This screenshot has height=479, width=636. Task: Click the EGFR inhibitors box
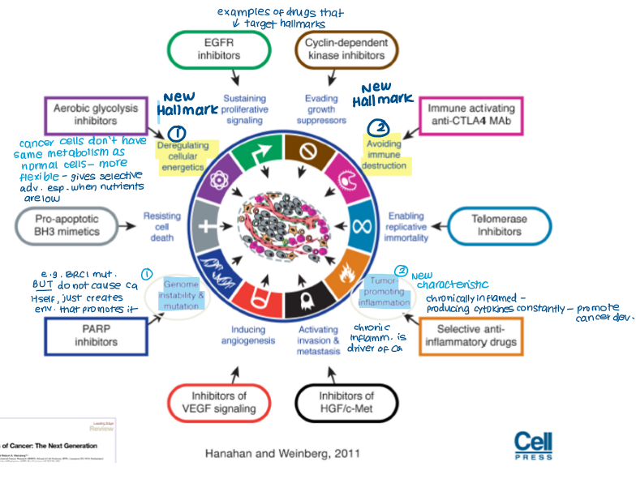[219, 49]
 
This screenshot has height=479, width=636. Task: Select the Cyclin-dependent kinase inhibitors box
[346, 49]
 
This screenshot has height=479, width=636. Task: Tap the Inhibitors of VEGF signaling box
[220, 402]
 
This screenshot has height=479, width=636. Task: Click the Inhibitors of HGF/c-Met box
[346, 402]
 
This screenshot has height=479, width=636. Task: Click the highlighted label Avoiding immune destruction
[384, 157]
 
